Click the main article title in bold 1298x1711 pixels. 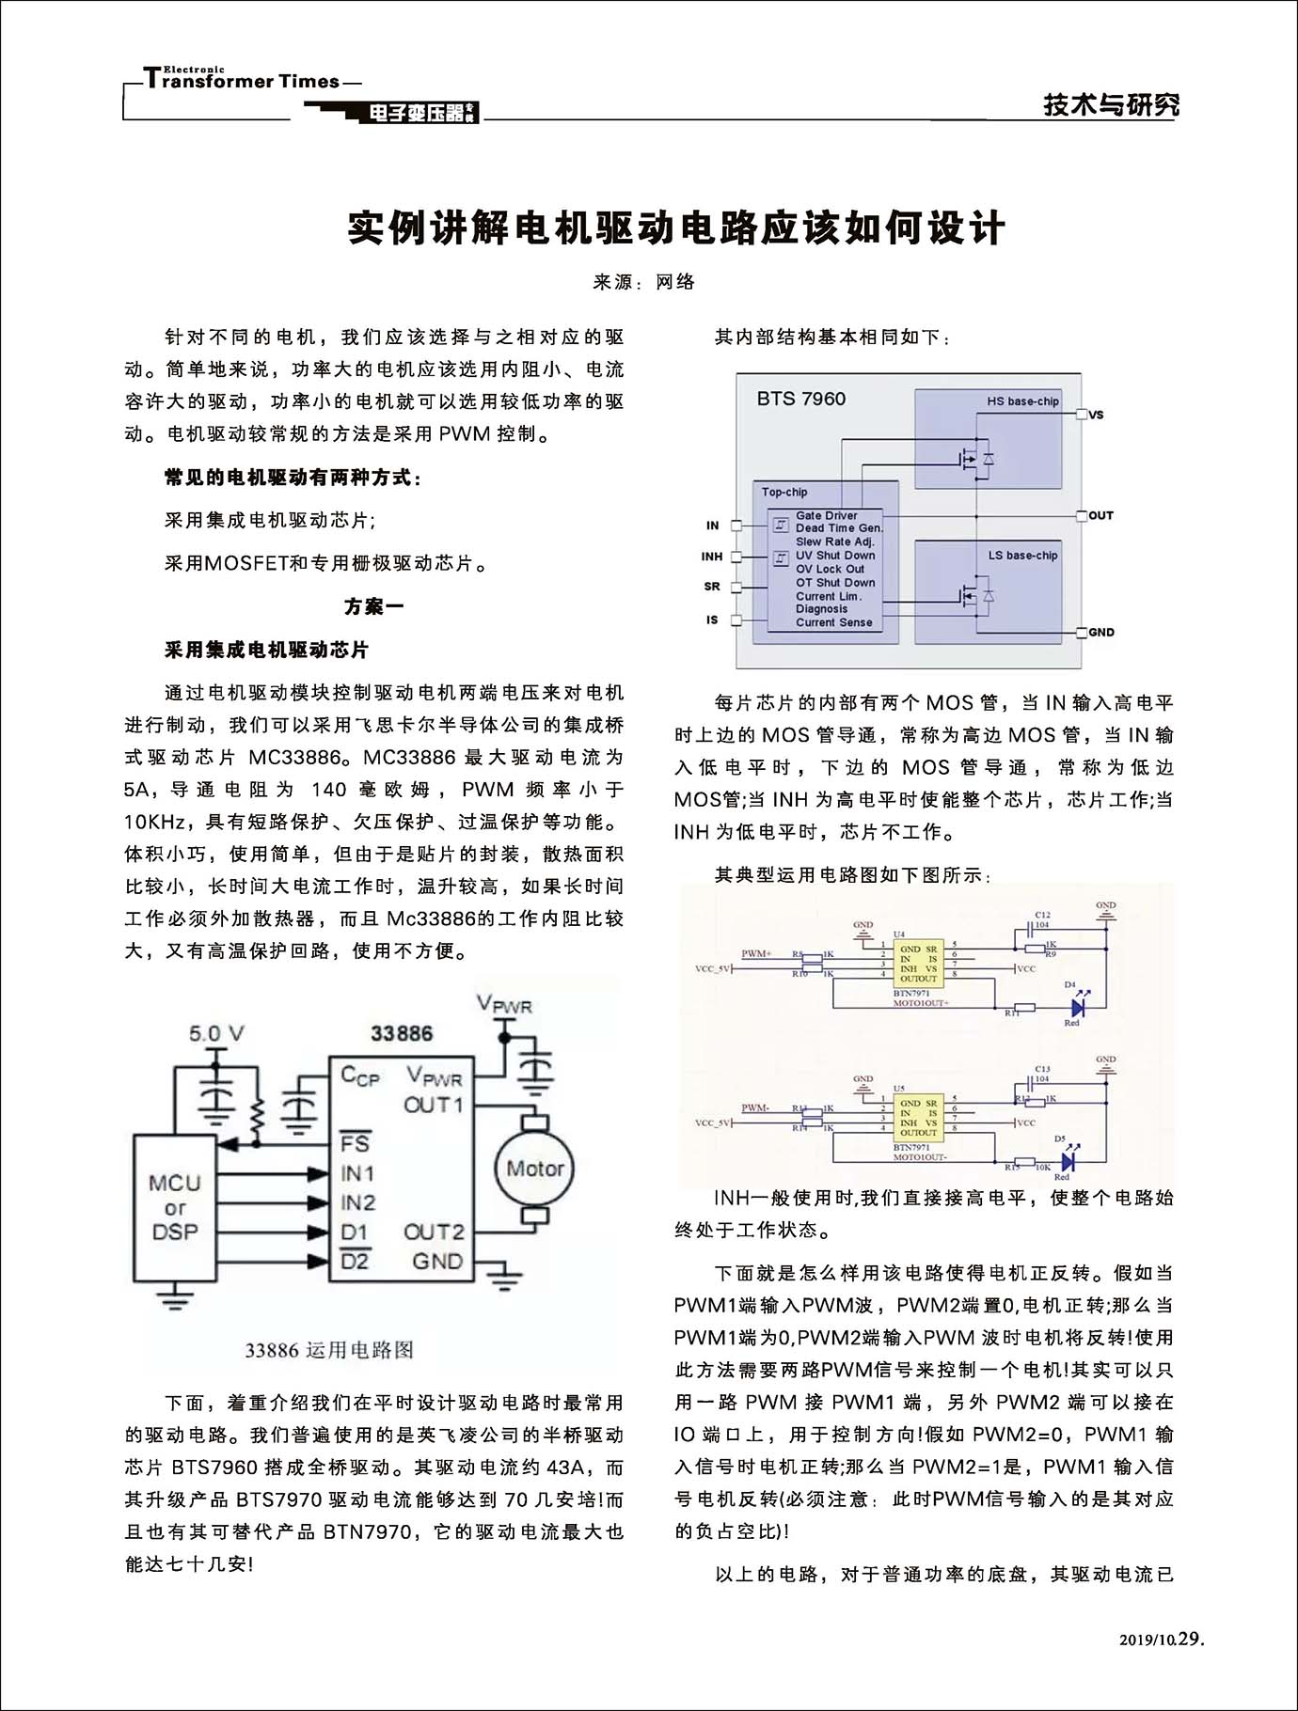[676, 228]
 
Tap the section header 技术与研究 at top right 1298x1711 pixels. [1110, 104]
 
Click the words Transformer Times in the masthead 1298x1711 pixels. [243, 81]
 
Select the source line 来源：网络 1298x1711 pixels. [644, 282]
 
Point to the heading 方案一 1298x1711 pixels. [373, 606]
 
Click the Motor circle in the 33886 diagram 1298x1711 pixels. [534, 1169]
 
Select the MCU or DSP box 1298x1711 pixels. [175, 1207]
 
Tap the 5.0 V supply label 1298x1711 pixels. [216, 1034]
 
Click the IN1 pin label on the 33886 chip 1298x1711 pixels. [357, 1173]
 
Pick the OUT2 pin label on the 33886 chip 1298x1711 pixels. [434, 1232]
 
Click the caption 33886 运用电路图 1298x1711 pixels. [329, 1350]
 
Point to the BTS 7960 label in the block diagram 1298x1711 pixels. [801, 399]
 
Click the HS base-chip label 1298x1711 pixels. [1022, 401]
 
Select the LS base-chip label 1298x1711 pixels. [1022, 556]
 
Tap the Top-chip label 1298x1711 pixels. [784, 492]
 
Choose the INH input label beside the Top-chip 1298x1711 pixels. [712, 557]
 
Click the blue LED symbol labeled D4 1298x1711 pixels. [1078, 1007]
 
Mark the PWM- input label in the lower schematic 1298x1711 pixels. [755, 1107]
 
